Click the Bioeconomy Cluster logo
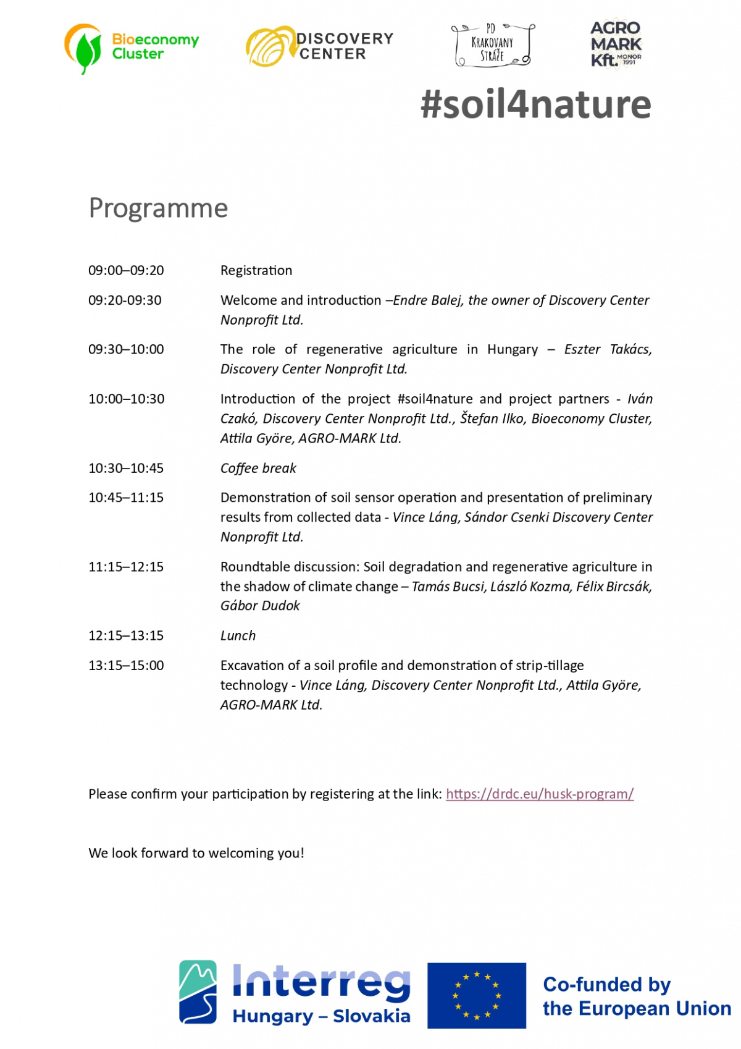(132, 48)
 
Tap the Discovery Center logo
(319, 46)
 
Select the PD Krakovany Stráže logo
(493, 45)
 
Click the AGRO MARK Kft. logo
(616, 44)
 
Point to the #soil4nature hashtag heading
(535, 104)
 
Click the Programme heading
(158, 208)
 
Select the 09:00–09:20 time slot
(126, 271)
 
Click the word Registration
(256, 271)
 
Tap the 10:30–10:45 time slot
(126, 469)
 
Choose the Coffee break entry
(258, 469)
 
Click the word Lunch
(238, 636)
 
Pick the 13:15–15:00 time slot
(126, 666)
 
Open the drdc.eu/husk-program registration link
(540, 794)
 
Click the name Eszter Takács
(608, 350)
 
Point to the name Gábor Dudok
(260, 606)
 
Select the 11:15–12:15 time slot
(126, 567)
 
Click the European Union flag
(476, 995)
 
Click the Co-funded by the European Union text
(636, 996)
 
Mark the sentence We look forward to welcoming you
(196, 854)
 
